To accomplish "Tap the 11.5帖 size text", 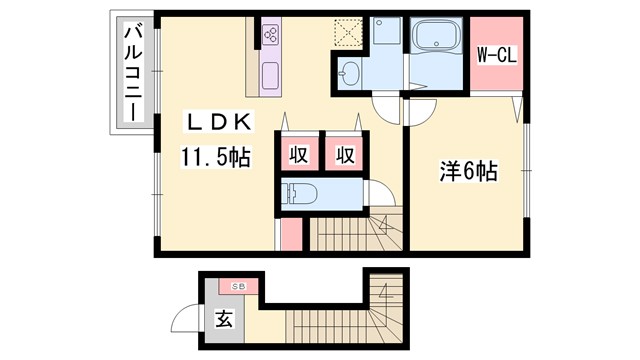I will coord(214,156).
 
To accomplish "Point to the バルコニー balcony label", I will coord(132,73).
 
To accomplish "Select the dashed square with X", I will coord(349,33).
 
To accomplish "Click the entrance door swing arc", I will coord(185,319).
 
